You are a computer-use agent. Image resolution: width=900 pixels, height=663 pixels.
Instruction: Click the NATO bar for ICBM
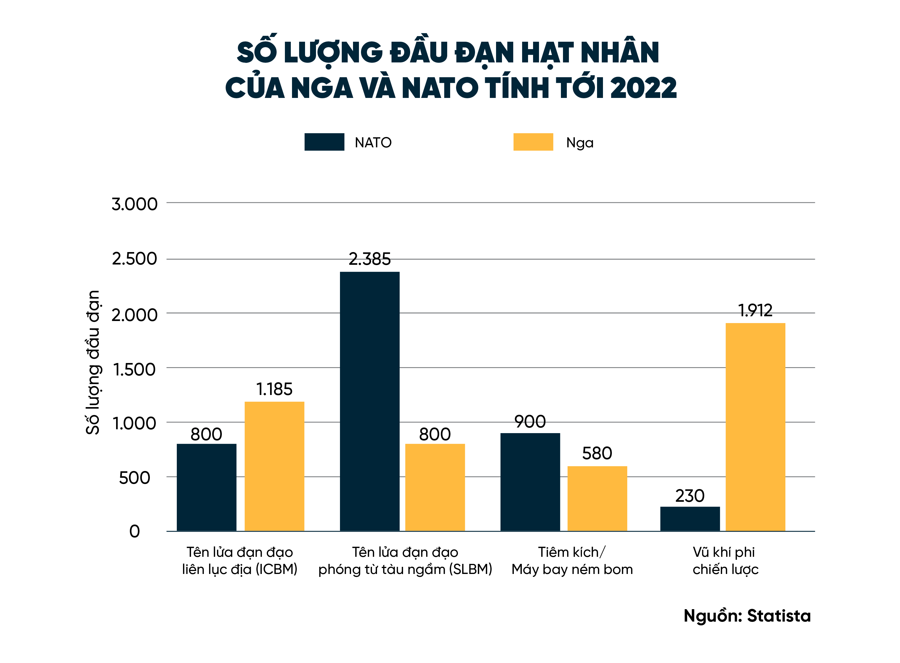click(x=206, y=487)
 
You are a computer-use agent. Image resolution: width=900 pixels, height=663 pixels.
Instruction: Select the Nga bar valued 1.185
click(x=275, y=466)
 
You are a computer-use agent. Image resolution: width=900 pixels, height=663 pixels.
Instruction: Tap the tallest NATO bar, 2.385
click(x=370, y=401)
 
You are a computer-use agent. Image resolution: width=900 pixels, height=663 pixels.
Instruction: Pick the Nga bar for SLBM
click(x=435, y=487)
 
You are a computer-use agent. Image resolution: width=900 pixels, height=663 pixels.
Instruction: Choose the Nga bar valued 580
click(x=597, y=499)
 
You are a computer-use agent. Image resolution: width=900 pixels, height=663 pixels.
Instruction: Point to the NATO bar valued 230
click(x=690, y=519)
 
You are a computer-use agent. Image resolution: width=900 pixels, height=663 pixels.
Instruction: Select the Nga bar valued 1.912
click(x=755, y=427)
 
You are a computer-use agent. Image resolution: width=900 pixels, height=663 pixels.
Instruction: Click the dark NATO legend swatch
click(x=324, y=142)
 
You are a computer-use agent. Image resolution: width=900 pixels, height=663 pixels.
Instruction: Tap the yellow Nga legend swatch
click(x=533, y=142)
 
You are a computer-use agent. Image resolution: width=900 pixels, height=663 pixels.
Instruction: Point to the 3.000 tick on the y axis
click(x=134, y=204)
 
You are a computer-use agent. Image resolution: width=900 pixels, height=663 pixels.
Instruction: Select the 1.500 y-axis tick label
click(x=134, y=369)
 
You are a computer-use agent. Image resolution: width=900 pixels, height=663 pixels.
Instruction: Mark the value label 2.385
click(x=370, y=259)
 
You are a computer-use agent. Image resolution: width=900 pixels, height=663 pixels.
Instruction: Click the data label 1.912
click(x=755, y=310)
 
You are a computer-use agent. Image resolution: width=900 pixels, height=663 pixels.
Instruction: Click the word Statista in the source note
click(x=779, y=616)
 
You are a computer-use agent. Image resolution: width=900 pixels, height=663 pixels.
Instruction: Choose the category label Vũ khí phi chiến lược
click(x=725, y=561)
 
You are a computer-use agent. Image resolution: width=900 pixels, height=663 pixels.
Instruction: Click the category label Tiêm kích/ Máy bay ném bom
click(x=572, y=561)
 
